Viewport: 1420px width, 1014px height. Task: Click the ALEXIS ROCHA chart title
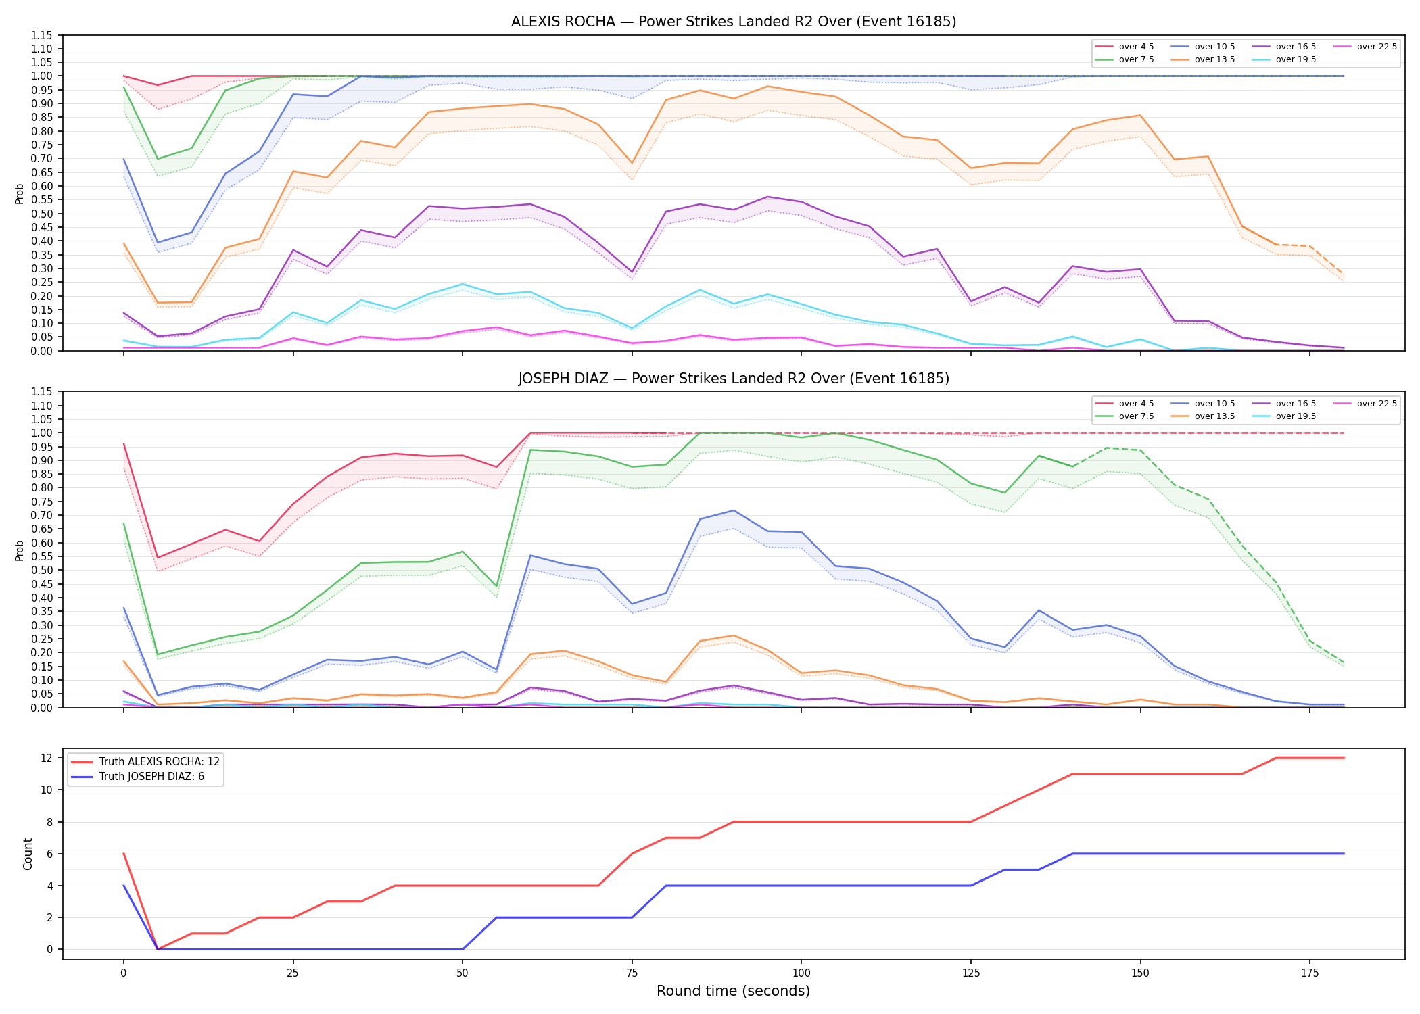(x=734, y=22)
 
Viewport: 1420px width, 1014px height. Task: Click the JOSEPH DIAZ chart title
(x=734, y=379)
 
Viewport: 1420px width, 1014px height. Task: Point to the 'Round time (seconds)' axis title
(x=734, y=991)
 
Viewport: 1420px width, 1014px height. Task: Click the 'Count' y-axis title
(x=28, y=854)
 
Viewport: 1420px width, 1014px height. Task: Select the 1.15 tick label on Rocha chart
(x=42, y=35)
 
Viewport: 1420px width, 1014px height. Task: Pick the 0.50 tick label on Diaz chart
(x=42, y=571)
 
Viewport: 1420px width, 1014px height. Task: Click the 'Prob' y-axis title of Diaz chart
(x=20, y=550)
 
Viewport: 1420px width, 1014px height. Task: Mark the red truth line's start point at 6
(x=124, y=854)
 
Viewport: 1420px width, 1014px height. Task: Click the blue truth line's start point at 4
(x=124, y=886)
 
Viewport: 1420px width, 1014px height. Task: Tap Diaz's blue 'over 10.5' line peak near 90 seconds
(x=734, y=510)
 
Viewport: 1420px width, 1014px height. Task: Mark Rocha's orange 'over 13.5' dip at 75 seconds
(x=632, y=163)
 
